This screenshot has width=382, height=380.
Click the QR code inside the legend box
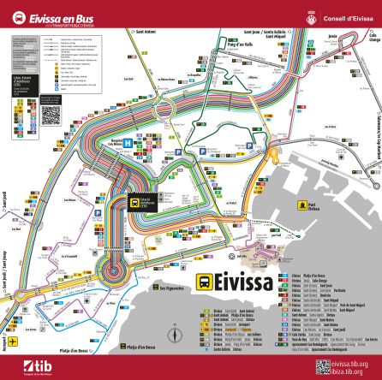[51, 114]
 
